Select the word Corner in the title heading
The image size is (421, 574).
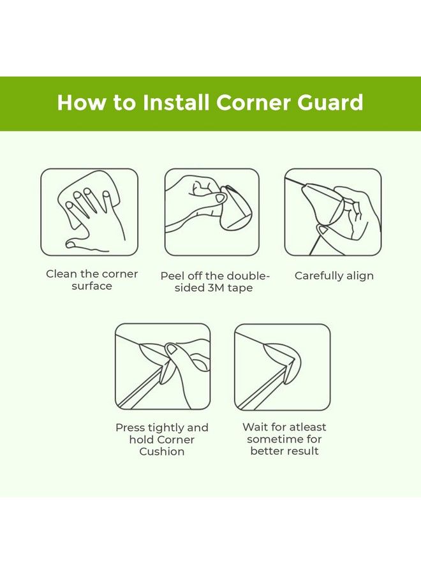click(251, 103)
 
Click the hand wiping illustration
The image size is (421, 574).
click(89, 212)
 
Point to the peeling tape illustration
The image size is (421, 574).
click(212, 212)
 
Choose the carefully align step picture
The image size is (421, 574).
click(332, 212)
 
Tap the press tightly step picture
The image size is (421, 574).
click(163, 367)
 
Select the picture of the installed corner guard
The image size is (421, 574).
click(283, 367)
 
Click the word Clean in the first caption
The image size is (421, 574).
click(61, 274)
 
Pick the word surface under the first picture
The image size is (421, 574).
click(92, 286)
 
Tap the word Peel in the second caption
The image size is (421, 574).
click(172, 276)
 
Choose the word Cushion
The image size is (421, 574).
click(162, 452)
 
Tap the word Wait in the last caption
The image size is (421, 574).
click(255, 427)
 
